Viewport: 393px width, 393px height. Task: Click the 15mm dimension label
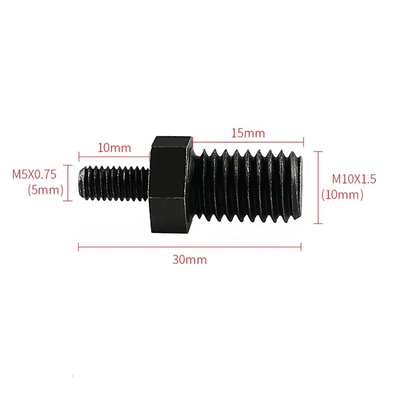coord(248,133)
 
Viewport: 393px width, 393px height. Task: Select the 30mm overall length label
coord(189,260)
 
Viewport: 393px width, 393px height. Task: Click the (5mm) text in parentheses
coord(46,190)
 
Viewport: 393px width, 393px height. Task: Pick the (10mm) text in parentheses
coord(342,194)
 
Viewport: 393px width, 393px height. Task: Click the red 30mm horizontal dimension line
coord(189,247)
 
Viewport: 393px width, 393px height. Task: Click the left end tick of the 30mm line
coord(79,247)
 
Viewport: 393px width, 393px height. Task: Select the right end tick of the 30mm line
coord(301,247)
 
